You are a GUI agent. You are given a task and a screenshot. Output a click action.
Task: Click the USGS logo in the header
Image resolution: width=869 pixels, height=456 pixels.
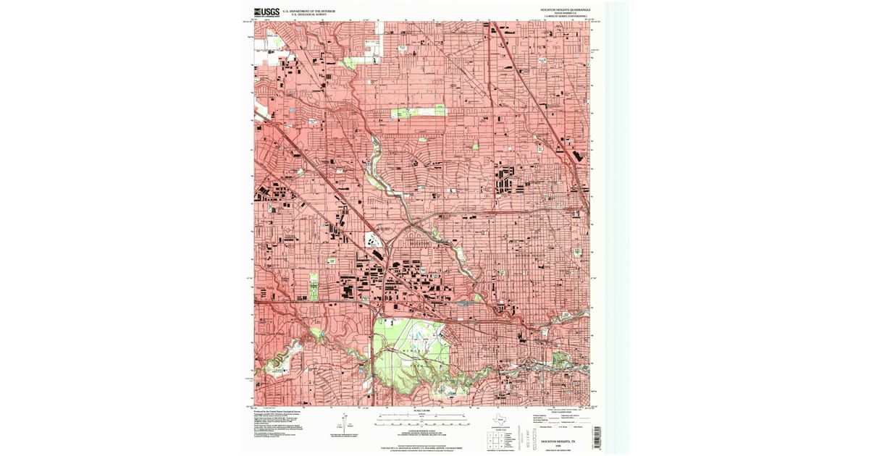(x=266, y=12)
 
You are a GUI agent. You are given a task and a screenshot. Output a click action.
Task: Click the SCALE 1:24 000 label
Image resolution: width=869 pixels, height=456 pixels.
(x=421, y=411)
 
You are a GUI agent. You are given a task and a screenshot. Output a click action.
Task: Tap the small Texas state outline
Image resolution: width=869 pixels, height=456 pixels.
(x=500, y=419)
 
